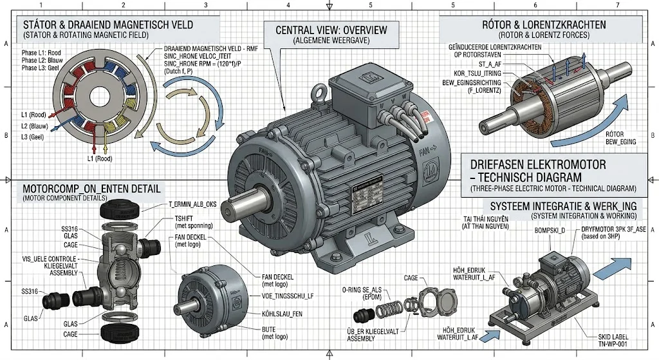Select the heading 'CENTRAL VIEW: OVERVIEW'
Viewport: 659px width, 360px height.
pyautogui.click(x=331, y=30)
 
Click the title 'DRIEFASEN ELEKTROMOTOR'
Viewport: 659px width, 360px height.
pyautogui.click(x=534, y=165)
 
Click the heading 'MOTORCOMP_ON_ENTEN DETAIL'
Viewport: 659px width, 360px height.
pyautogui.click(x=92, y=189)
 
